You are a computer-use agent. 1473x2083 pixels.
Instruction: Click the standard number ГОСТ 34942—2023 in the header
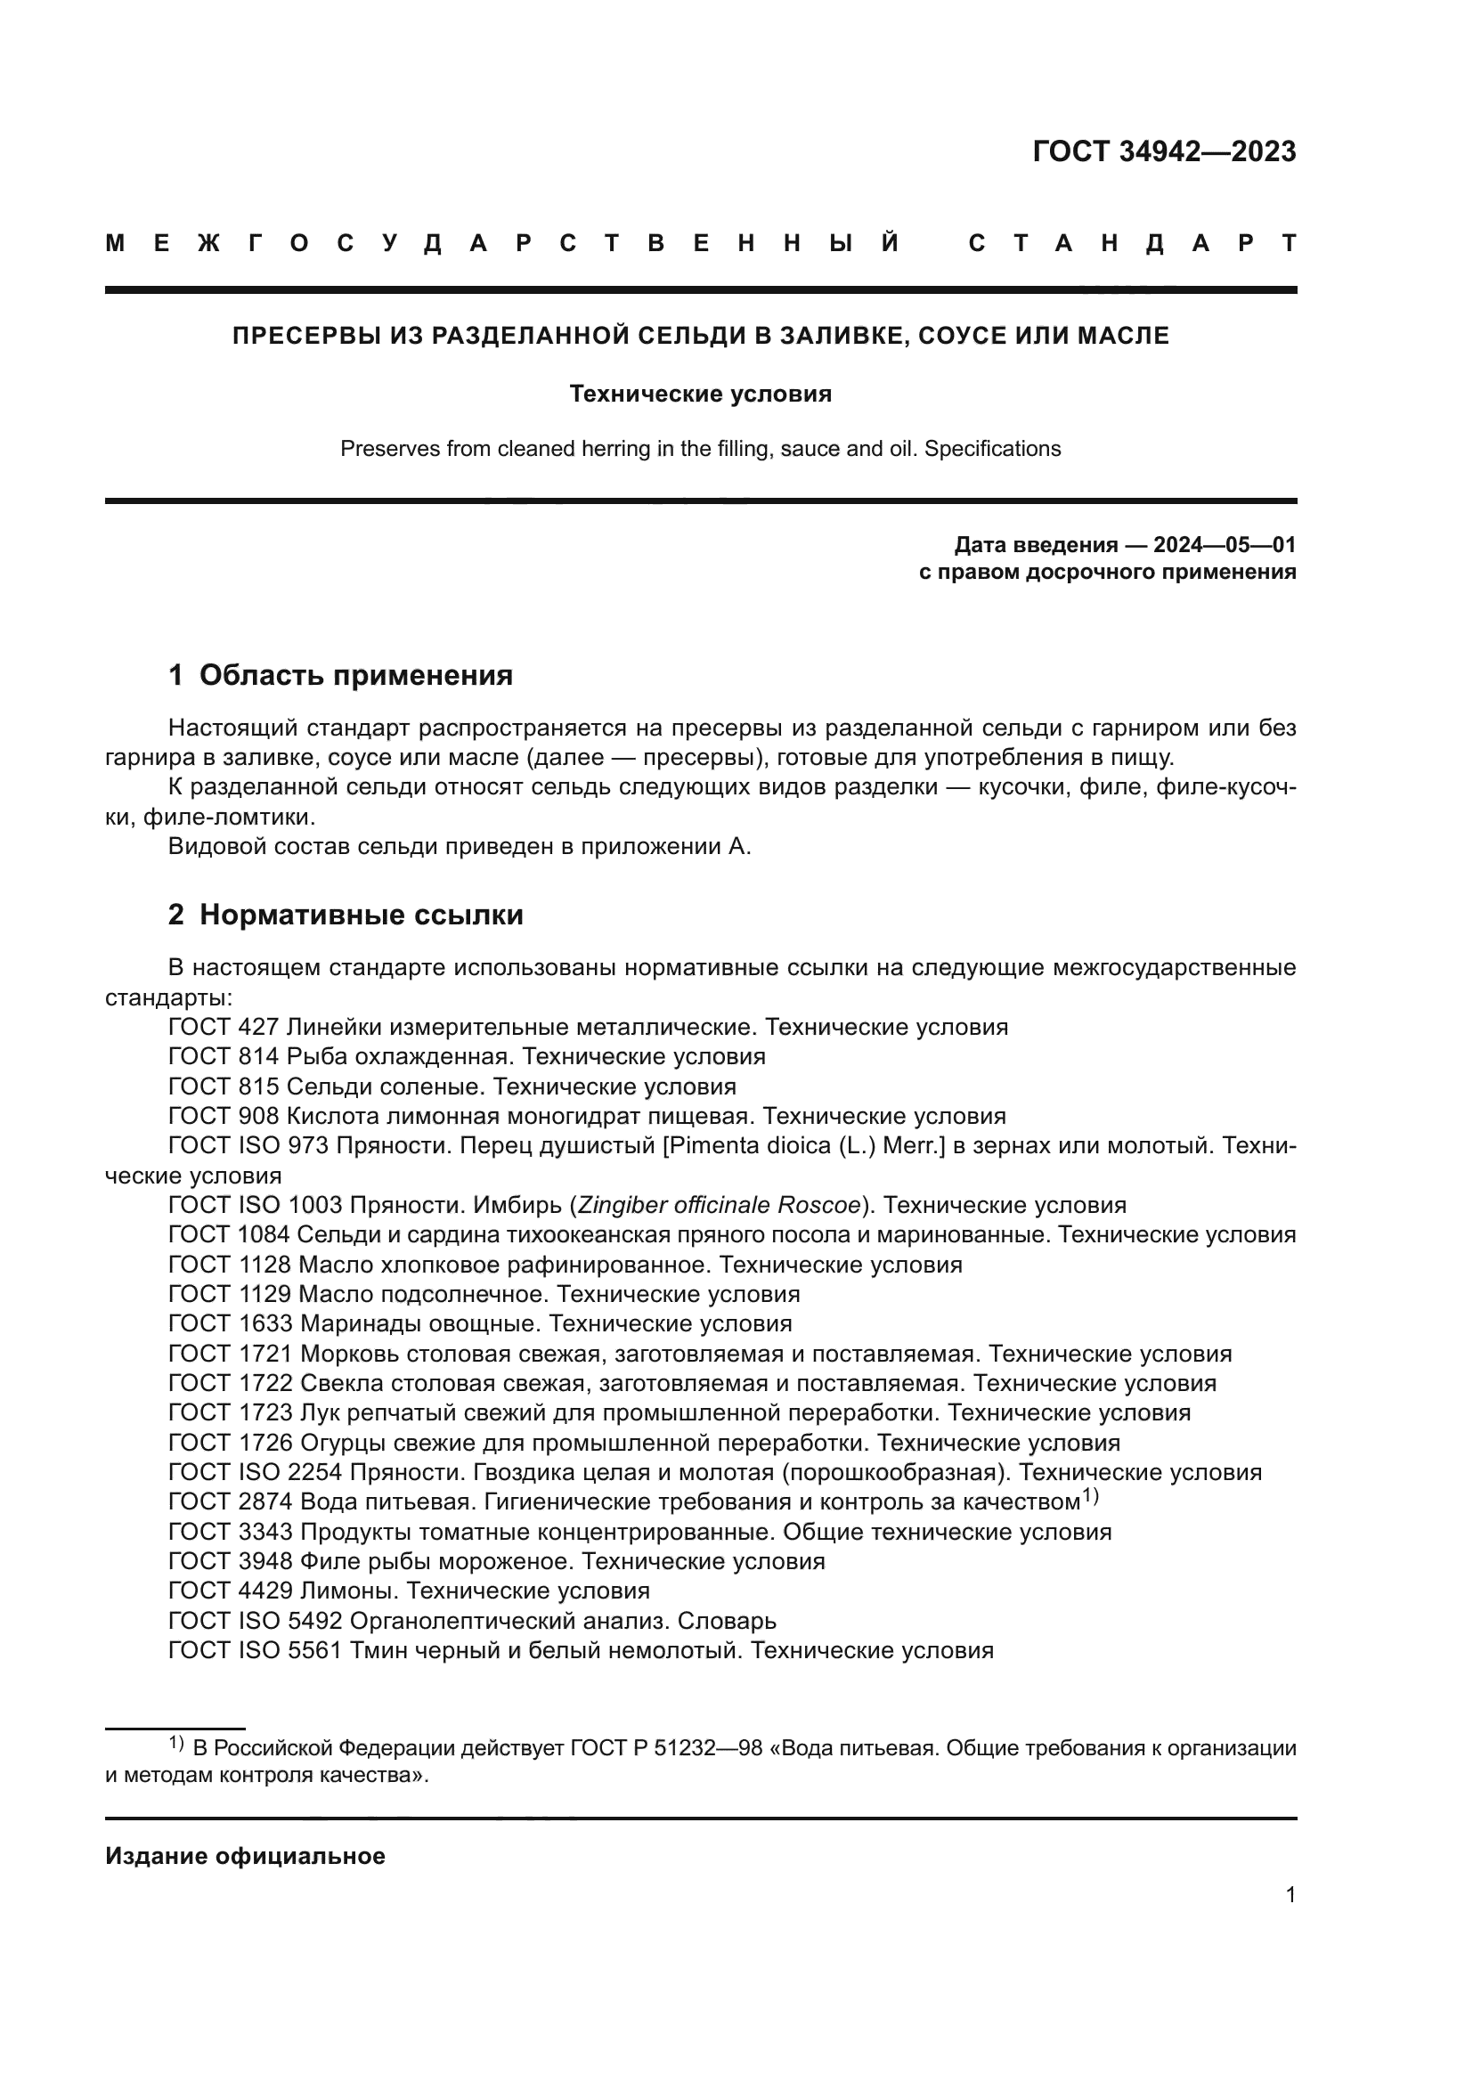click(1164, 151)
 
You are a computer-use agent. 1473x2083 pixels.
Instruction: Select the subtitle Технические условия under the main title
click(700, 394)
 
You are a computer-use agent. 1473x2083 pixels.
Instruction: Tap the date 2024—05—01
click(1224, 545)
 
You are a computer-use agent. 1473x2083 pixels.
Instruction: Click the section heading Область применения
click(355, 675)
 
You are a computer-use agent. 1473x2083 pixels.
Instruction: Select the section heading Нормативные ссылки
click(361, 915)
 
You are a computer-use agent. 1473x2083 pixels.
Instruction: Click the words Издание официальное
click(245, 1856)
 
